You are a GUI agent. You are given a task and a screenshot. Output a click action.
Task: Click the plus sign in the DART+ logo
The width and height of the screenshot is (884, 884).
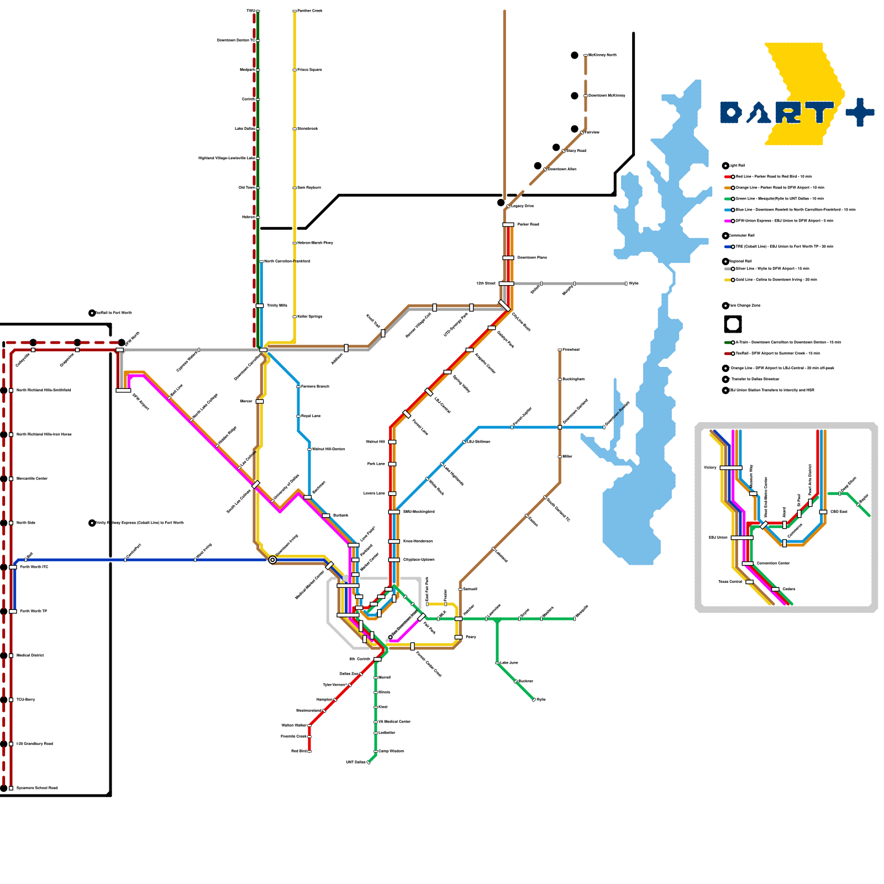(860, 113)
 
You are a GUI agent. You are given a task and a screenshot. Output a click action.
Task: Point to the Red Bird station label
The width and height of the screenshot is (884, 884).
(299, 751)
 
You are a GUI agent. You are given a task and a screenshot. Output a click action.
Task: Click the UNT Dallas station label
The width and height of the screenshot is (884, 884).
(356, 762)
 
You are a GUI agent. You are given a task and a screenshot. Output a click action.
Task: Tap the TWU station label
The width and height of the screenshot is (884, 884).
(250, 11)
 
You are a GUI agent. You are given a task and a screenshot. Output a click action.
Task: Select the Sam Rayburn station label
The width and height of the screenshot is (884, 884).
(309, 188)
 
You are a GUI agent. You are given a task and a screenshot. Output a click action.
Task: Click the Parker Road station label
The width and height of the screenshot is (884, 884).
(528, 225)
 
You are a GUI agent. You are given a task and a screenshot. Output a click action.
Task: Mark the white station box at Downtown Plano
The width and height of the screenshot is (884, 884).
(508, 258)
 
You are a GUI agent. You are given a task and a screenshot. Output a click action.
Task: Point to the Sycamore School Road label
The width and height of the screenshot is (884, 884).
(37, 788)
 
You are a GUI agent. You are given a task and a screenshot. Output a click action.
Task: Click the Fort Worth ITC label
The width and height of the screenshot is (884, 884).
(34, 567)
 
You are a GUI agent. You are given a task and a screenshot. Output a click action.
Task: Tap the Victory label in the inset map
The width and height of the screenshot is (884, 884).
(710, 468)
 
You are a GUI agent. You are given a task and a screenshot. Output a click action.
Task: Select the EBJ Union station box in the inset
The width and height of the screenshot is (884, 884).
(741, 538)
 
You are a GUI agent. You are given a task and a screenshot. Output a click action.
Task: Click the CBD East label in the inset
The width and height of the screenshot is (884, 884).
(839, 512)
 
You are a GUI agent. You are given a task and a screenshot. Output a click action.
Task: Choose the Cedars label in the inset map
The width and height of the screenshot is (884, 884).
(789, 590)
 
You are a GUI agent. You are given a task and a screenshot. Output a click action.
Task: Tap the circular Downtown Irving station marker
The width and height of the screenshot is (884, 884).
(272, 560)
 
